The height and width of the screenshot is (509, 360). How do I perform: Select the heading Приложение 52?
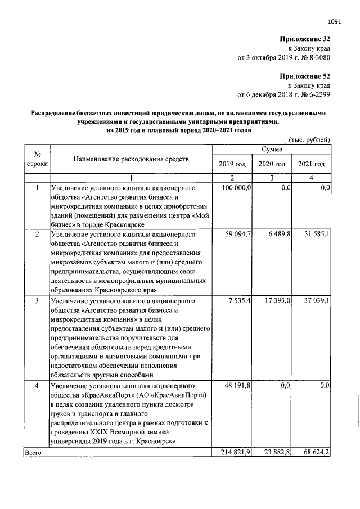pyautogui.click(x=304, y=75)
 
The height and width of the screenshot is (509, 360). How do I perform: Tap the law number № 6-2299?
pyautogui.click(x=313, y=94)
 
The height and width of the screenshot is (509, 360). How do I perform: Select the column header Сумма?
pyautogui.click(x=271, y=149)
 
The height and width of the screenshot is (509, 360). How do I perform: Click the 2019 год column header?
pyautogui.click(x=232, y=164)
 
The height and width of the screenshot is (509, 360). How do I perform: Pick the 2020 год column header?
pyautogui.click(x=272, y=164)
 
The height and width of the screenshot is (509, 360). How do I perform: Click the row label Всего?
pyautogui.click(x=34, y=452)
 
